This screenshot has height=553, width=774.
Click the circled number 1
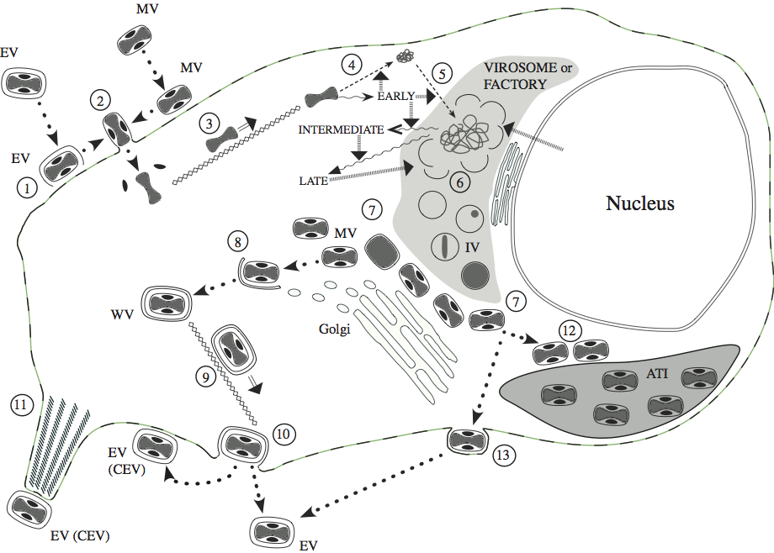pyautogui.click(x=30, y=188)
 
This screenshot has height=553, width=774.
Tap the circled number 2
pyautogui.click(x=101, y=103)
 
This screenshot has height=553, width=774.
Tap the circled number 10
pyautogui.click(x=282, y=434)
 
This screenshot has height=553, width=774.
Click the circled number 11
pyautogui.click(x=20, y=406)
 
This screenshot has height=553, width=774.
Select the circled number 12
pyautogui.click(x=570, y=329)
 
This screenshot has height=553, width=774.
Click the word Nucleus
pyautogui.click(x=642, y=203)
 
